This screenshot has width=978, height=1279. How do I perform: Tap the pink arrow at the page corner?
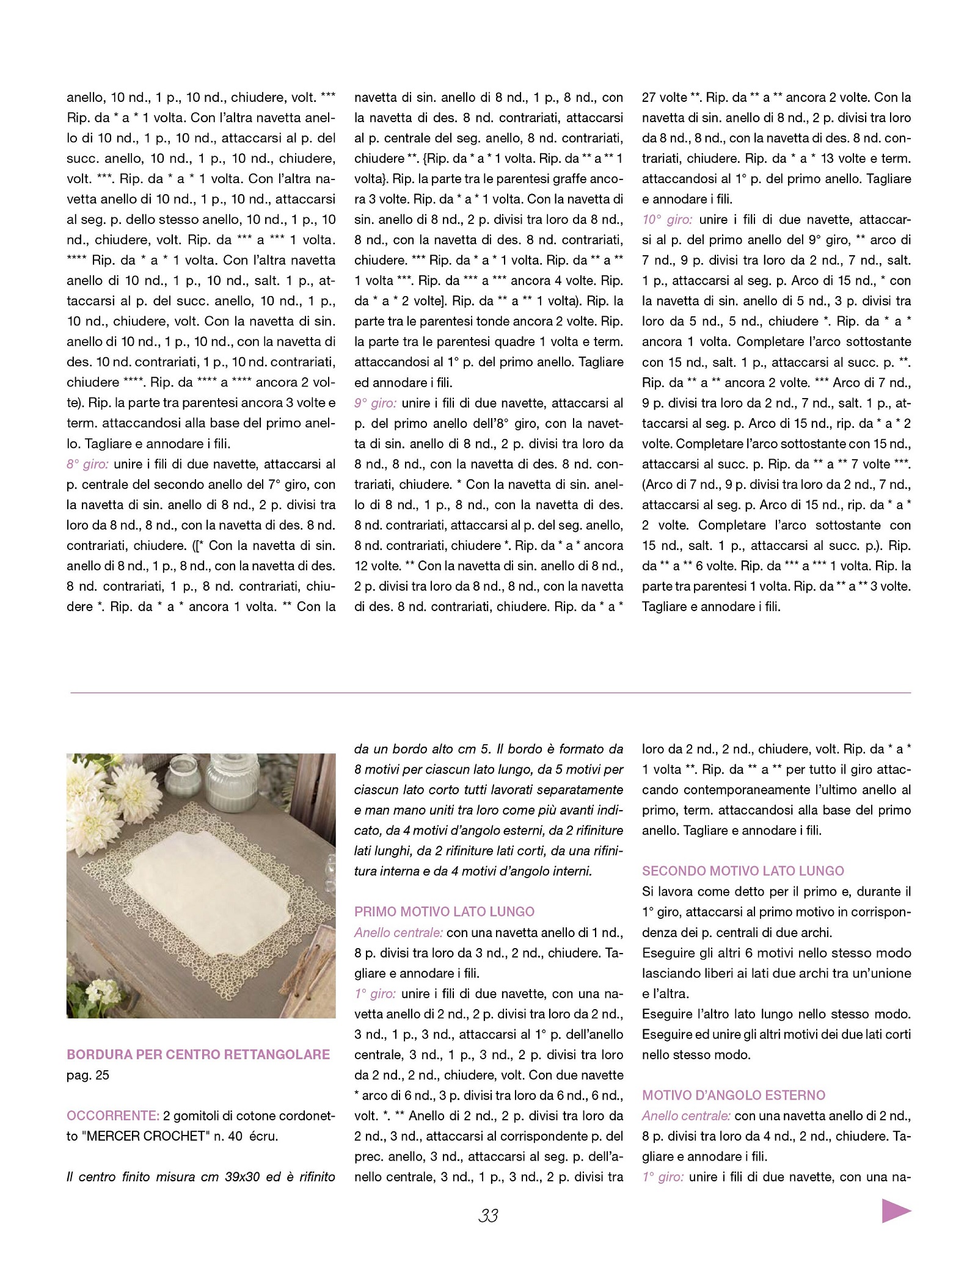click(896, 1211)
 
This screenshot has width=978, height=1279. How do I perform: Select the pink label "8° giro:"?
click(87, 464)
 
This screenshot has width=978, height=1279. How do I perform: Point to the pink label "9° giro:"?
click(375, 403)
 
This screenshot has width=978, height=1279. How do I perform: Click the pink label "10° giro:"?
click(667, 220)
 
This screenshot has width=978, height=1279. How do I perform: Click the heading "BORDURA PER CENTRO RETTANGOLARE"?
click(198, 1054)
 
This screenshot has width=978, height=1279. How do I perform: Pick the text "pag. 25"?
click(88, 1075)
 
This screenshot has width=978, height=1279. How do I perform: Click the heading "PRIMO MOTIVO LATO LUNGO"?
click(444, 912)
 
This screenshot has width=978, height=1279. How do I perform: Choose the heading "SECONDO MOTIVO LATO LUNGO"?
click(743, 871)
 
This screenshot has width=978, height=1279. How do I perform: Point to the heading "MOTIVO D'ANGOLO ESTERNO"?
click(733, 1095)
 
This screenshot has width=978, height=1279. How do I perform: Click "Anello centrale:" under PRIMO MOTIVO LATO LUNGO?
click(398, 933)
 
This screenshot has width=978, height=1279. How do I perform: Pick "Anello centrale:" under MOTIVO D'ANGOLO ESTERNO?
click(686, 1116)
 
